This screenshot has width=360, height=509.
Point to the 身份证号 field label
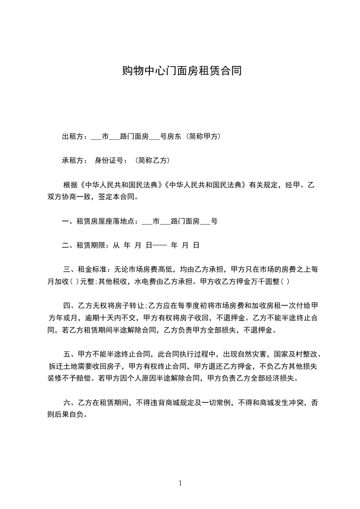[x=109, y=160]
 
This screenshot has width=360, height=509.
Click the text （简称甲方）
[x=200, y=136]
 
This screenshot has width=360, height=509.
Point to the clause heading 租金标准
[x=92, y=269]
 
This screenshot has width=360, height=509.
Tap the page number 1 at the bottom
[x=180, y=483]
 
